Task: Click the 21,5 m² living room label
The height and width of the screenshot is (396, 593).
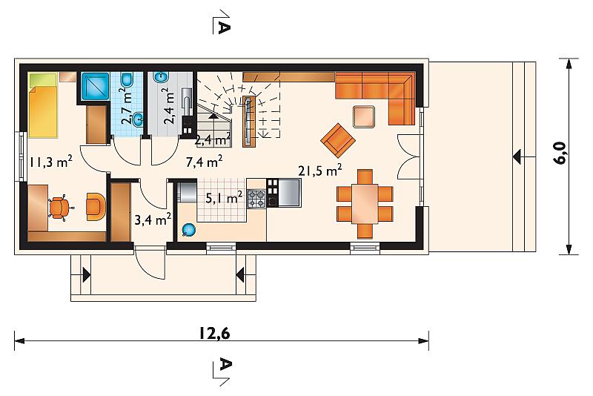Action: [x=320, y=171]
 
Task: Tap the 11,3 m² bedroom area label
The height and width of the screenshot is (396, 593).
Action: [x=51, y=162]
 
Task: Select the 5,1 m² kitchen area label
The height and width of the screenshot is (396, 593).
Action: [x=224, y=197]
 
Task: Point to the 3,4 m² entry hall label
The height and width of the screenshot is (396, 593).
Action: [x=153, y=219]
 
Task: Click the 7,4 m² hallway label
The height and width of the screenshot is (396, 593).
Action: [x=205, y=162]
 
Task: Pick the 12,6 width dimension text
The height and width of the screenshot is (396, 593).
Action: [x=214, y=334]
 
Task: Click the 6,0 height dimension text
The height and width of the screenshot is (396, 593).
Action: [x=560, y=153]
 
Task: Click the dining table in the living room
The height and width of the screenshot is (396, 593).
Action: [x=365, y=203]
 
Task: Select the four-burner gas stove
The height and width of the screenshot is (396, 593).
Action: [x=256, y=199]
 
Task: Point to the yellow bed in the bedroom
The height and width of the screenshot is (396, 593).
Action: [x=43, y=105]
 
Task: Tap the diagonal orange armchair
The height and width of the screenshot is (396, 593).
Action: [x=338, y=140]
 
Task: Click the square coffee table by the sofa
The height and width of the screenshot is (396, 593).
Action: [x=364, y=117]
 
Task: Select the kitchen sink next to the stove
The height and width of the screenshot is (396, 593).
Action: [x=289, y=193]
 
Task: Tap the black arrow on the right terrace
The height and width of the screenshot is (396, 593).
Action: [x=517, y=156]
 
